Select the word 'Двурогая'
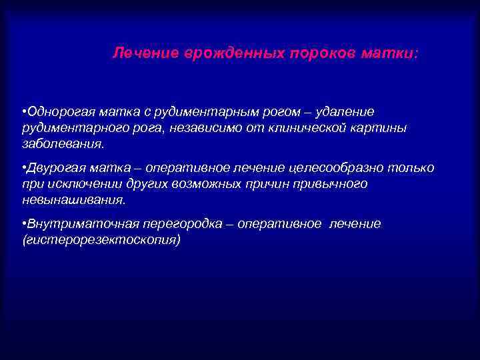[x=53, y=167]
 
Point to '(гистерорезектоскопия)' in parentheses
[x=101, y=240]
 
